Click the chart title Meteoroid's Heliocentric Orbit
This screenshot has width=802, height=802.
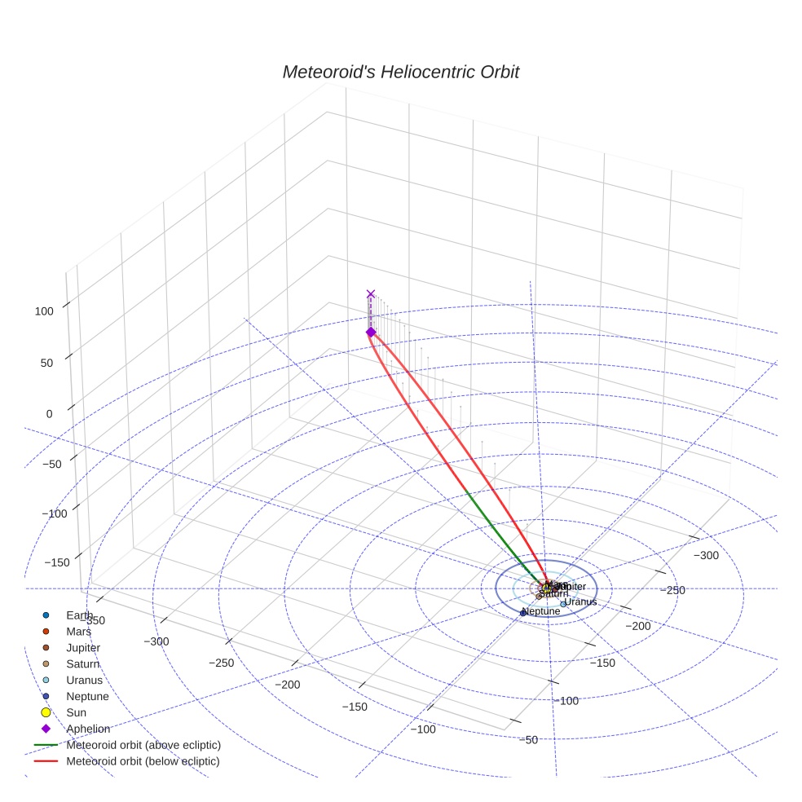click(x=400, y=72)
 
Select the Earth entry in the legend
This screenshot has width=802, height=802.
click(x=80, y=615)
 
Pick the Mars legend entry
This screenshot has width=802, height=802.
click(x=78, y=631)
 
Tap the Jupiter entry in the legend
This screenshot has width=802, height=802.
click(x=83, y=647)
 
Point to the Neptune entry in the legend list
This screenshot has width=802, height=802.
click(x=87, y=696)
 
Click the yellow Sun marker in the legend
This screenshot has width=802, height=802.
click(x=46, y=712)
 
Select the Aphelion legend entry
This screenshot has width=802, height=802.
click(x=88, y=729)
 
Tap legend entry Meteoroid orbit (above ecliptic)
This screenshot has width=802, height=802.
click(x=143, y=745)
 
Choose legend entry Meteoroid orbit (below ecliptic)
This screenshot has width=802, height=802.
click(x=143, y=761)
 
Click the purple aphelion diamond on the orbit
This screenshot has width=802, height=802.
click(x=371, y=332)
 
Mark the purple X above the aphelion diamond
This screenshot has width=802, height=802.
click(x=371, y=293)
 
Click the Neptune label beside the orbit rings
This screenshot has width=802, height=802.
click(x=541, y=611)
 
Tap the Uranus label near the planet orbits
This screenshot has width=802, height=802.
click(x=580, y=602)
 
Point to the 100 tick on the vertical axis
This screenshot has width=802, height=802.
click(x=43, y=311)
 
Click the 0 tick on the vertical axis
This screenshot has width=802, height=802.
click(x=49, y=413)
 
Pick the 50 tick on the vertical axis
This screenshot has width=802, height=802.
click(x=46, y=362)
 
